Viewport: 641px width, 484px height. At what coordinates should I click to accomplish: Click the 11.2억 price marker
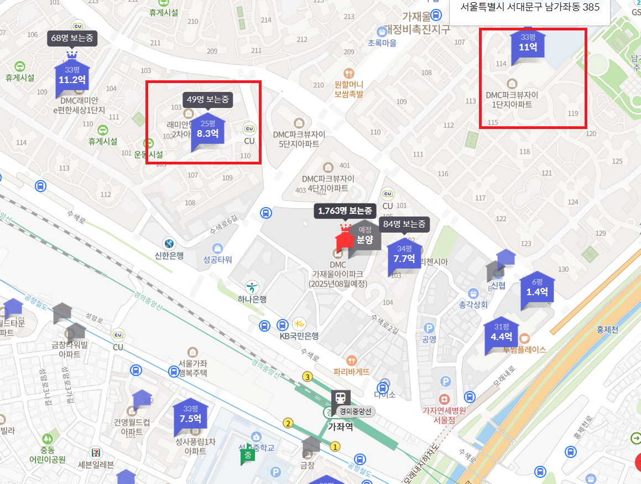coord(72,75)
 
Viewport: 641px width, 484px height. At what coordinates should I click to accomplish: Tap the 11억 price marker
coord(528,44)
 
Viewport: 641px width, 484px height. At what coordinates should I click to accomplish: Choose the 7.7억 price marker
coord(404,255)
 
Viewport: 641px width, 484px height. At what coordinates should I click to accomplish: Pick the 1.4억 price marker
coord(536,288)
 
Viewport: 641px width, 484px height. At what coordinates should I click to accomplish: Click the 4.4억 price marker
coord(502,333)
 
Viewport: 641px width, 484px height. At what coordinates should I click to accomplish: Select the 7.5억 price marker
coord(190,414)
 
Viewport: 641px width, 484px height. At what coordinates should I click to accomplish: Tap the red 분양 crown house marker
coord(345,240)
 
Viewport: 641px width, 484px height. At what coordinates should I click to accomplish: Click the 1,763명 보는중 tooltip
coord(345,210)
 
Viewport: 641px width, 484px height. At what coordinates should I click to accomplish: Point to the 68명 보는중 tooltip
coord(72,38)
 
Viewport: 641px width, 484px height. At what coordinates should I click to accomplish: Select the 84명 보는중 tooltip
coord(404,224)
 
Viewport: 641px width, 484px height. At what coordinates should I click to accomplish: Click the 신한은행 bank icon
coord(169,243)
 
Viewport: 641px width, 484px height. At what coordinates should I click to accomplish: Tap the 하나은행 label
coord(252,299)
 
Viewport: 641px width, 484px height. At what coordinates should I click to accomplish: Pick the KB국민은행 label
coord(299,336)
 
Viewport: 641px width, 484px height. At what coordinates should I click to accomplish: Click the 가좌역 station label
coord(340,427)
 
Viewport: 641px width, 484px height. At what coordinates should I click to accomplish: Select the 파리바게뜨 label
coord(352,372)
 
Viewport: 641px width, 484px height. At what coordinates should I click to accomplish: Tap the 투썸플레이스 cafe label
coord(524,349)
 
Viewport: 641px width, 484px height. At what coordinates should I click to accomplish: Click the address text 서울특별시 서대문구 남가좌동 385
coord(530,8)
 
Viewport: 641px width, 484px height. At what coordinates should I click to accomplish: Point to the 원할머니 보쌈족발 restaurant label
coord(348,89)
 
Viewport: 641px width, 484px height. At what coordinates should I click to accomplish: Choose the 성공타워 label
coord(217,260)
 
